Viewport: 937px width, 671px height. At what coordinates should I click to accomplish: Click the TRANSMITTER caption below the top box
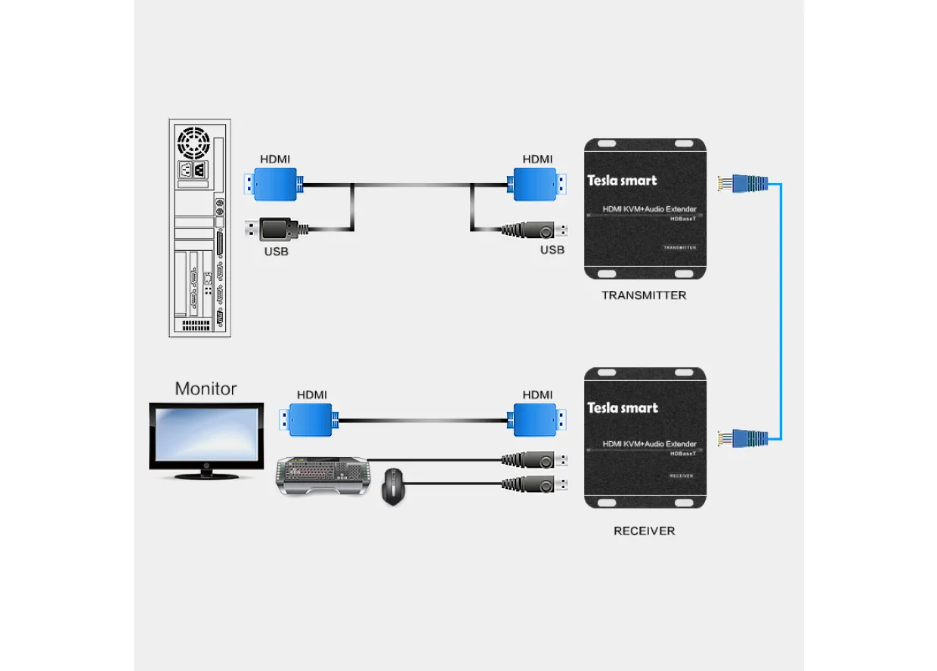coord(644,295)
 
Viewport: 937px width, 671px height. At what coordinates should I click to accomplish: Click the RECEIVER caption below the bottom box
coord(644,531)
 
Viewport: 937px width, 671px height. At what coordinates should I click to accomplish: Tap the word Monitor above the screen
coord(206,388)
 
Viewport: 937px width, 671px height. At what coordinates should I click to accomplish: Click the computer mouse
coord(393,487)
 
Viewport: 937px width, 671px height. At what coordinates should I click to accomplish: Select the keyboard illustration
coord(323,475)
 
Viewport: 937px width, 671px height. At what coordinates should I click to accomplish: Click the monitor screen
coord(206,435)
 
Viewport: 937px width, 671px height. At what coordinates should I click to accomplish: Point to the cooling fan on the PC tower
coord(193,143)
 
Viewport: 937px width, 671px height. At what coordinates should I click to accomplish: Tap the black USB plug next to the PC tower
coord(277,229)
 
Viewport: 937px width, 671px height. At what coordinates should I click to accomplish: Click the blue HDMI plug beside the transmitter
coord(537,184)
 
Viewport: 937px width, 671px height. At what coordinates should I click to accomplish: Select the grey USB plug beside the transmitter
coord(534,230)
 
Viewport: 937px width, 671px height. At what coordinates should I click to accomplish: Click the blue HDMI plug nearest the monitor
coord(309,420)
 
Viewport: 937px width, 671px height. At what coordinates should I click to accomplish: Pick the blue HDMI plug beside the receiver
coord(537,420)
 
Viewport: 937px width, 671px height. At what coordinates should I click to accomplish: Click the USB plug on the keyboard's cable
coord(534,460)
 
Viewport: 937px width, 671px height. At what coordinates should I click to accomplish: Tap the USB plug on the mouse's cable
coord(534,484)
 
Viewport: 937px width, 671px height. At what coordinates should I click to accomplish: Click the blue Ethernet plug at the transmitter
coord(743,184)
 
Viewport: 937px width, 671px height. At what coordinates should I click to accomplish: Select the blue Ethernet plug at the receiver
coord(743,438)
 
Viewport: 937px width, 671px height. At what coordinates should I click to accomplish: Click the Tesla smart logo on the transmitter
coord(622,181)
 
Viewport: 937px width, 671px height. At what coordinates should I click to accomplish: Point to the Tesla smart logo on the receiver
coord(623,408)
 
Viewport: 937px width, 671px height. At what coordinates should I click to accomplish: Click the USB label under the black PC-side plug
coord(276,252)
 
